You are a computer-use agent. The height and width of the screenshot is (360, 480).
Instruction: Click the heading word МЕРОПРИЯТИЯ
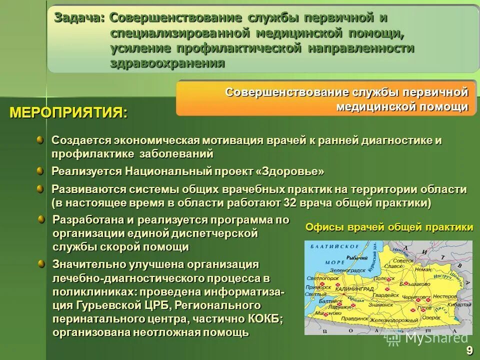pos(68,112)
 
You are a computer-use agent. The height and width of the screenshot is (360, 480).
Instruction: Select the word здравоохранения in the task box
pos(167,63)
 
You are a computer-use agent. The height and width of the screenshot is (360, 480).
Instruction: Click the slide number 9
pos(469,350)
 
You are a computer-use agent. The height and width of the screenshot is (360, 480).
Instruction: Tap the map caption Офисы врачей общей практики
pos(389,227)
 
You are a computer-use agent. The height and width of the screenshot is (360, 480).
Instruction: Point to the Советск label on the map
pos(403,261)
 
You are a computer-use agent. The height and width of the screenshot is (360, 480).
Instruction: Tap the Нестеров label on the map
pos(444,296)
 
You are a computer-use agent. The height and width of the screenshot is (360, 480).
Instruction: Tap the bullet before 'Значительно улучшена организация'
pos(42,263)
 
